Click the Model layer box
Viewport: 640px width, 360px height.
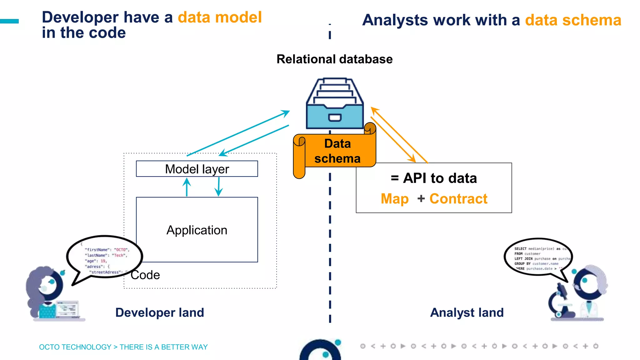click(197, 169)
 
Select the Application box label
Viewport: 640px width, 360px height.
click(197, 230)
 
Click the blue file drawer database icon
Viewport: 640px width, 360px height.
click(335, 105)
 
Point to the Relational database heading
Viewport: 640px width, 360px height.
click(334, 59)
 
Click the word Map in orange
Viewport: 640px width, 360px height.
click(395, 199)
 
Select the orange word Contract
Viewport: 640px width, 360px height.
click(458, 199)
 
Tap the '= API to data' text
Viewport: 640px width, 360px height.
click(434, 178)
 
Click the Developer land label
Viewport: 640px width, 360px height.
click(160, 312)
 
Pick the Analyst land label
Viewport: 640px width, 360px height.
click(467, 312)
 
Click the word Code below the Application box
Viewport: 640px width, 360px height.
click(145, 275)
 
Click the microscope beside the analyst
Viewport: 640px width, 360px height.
click(561, 302)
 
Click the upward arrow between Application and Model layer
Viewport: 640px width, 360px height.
click(187, 187)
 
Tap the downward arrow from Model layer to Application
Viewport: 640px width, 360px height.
click(219, 187)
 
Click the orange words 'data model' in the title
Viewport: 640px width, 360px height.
click(220, 17)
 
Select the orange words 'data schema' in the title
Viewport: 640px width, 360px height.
click(573, 20)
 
